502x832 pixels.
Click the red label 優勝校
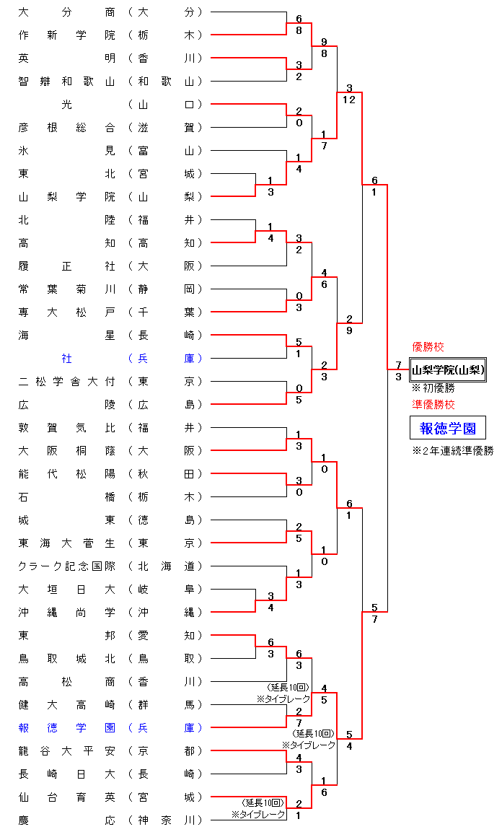428,347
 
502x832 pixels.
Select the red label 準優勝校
433,405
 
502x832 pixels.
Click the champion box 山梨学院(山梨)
448,370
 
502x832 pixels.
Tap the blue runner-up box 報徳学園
448,429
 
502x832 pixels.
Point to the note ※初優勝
433,388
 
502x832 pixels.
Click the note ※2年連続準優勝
453,451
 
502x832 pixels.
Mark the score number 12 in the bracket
349,100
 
